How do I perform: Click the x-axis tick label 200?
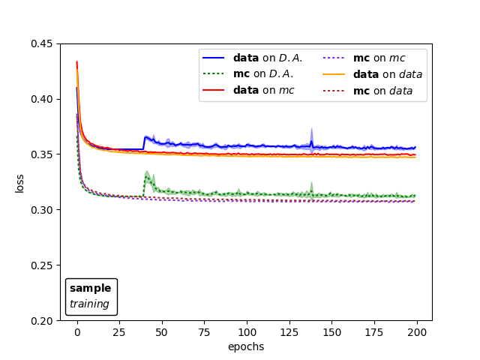click(417, 332)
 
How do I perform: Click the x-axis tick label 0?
click(77, 332)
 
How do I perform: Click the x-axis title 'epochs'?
click(246, 346)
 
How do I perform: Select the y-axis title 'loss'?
click(19, 183)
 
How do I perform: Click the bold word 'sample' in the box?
click(90, 289)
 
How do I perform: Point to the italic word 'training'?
click(89, 304)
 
